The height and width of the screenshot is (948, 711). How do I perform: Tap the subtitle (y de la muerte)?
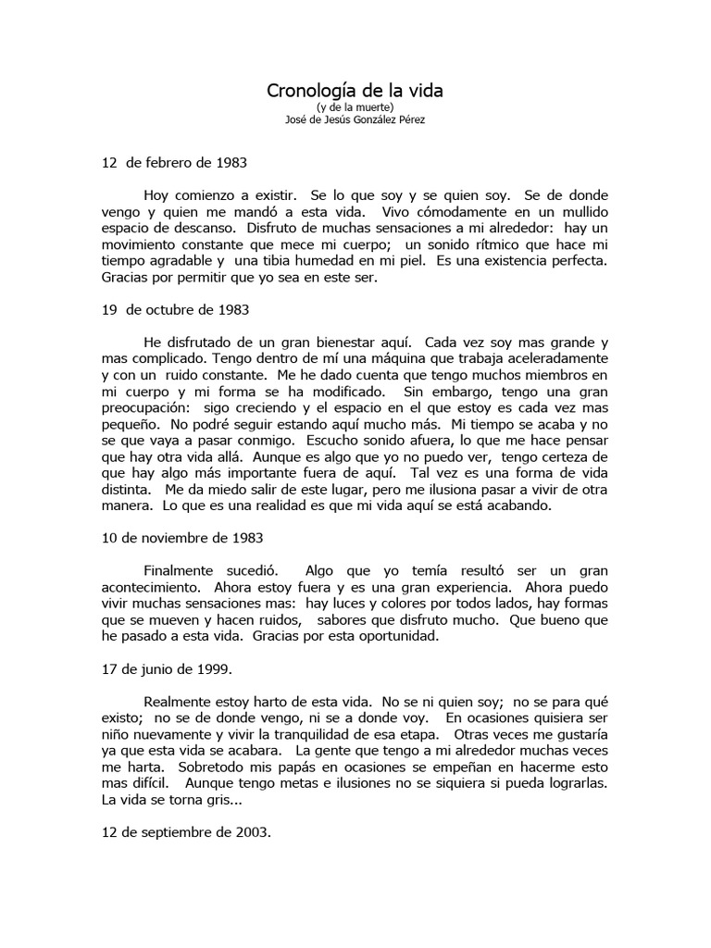(x=355, y=107)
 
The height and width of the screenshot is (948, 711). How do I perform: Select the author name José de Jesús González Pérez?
(x=355, y=119)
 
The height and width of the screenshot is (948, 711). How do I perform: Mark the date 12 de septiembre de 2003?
(x=186, y=832)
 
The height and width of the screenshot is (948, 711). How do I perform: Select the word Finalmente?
(x=181, y=571)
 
